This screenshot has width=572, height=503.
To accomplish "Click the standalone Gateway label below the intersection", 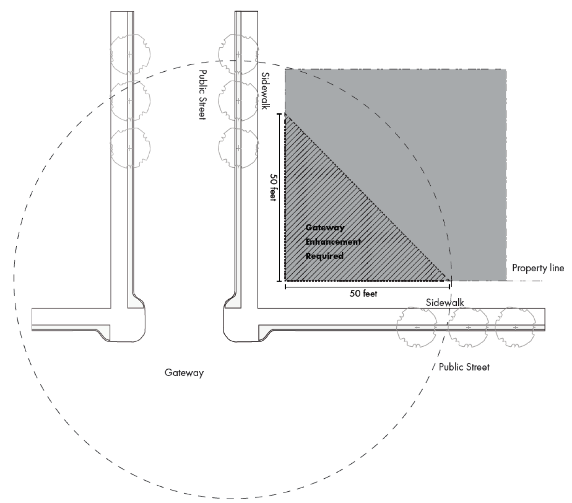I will pos(184,373).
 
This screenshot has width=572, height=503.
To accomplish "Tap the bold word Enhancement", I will pos(333,242).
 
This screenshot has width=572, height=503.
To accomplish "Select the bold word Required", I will pos(324,256).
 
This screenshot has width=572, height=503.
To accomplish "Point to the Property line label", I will pos(538,268).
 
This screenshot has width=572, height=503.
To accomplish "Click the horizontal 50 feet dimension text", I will pos(363,294).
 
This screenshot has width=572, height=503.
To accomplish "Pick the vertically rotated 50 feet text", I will pos(273,187).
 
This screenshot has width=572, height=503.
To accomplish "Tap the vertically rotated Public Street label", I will pos(202,95).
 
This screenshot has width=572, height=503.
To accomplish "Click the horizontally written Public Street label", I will pos(464,367).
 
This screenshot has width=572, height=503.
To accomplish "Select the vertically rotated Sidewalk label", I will pos(265,90).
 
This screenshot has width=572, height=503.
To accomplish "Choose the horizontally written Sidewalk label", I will pos(445,303).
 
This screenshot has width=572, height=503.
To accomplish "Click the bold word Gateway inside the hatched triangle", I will pos(325,228).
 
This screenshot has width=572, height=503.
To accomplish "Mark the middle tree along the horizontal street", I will pos(468,327).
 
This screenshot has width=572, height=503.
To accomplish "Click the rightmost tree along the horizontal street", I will pos(516,327).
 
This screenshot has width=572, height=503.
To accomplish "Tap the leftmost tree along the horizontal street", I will pos(416,327).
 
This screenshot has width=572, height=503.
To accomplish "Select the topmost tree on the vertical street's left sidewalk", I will pos(130,55).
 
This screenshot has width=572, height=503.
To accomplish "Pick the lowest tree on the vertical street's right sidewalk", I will pos(238,147).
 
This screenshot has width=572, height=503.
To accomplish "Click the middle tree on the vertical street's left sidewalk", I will pos(130,101).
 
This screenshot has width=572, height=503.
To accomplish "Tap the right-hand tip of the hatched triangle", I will pos(450,280).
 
